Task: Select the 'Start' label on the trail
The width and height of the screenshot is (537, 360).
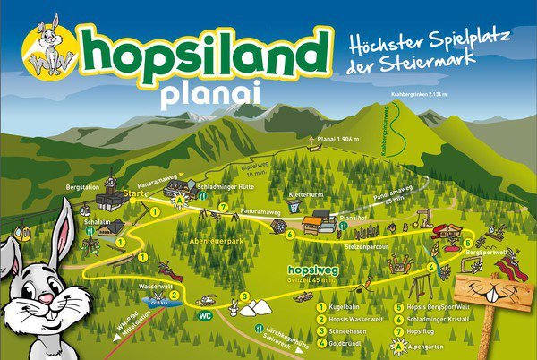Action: (x=134, y=193)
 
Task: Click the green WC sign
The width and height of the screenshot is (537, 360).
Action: (x=205, y=314)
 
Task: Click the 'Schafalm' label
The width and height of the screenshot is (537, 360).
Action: (x=97, y=219)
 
